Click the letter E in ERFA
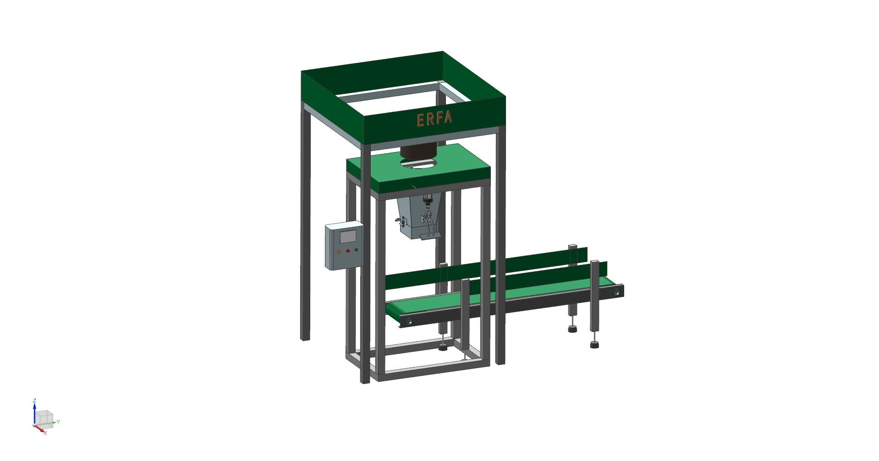tap(421, 121)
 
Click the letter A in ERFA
tap(448, 117)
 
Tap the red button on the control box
tap(348, 251)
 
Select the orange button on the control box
tap(339, 252)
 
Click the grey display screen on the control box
tap(347, 236)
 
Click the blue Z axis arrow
tap(34, 414)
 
